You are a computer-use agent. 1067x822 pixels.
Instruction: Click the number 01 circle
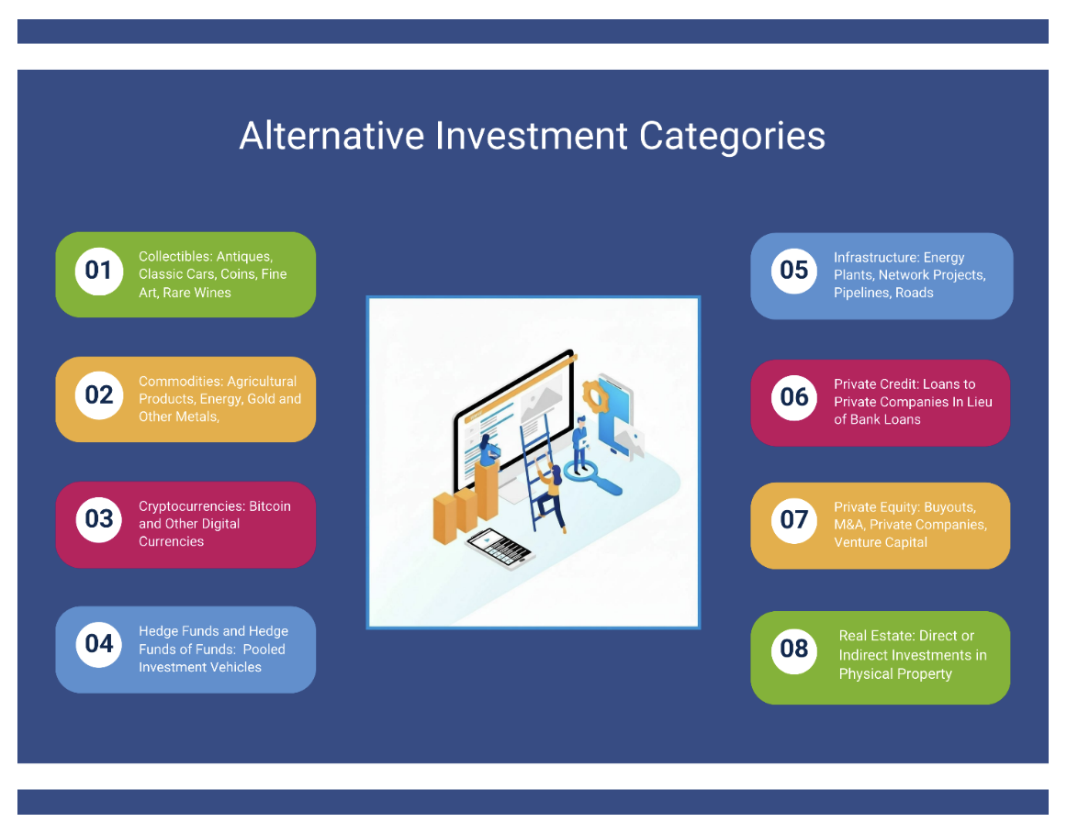[x=98, y=271]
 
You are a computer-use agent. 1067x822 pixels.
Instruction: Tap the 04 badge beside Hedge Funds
[x=98, y=644]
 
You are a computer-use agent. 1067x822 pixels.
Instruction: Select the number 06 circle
[x=794, y=397]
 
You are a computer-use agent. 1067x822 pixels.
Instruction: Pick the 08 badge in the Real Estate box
[x=794, y=650]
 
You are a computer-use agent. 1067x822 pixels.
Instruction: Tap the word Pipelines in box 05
[x=862, y=293]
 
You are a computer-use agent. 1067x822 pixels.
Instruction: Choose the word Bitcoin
[x=270, y=506]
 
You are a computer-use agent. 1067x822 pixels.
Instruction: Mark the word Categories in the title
[x=732, y=136]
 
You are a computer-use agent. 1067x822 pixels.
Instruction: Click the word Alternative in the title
[x=331, y=136]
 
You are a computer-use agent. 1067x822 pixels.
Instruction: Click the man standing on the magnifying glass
[x=580, y=443]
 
